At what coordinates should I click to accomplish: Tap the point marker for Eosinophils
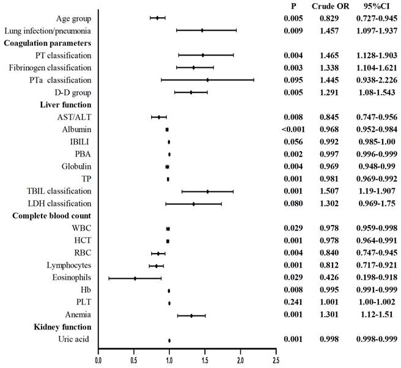tap(135, 278)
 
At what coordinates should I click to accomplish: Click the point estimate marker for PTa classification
tap(207, 79)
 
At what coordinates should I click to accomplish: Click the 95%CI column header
tap(372, 6)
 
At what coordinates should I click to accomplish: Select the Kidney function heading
tap(61, 328)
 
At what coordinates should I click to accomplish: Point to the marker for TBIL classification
tap(207, 191)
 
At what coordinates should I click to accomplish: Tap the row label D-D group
tap(73, 92)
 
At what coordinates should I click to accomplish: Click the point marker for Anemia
tap(191, 315)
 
